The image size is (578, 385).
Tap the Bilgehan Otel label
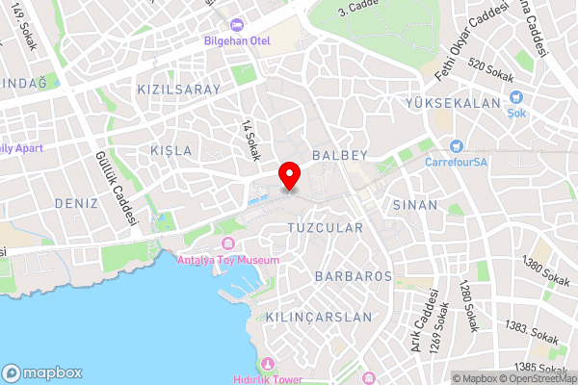236,40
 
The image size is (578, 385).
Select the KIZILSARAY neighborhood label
179,90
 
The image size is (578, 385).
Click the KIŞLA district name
171,151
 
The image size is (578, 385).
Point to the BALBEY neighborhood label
336,154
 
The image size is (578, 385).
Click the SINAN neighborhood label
415,205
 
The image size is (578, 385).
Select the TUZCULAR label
326,228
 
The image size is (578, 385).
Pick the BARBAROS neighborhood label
353,275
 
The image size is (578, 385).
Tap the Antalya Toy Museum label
228,260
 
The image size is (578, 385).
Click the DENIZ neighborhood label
77,203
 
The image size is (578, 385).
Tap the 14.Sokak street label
252,141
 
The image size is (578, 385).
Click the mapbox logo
42,372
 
